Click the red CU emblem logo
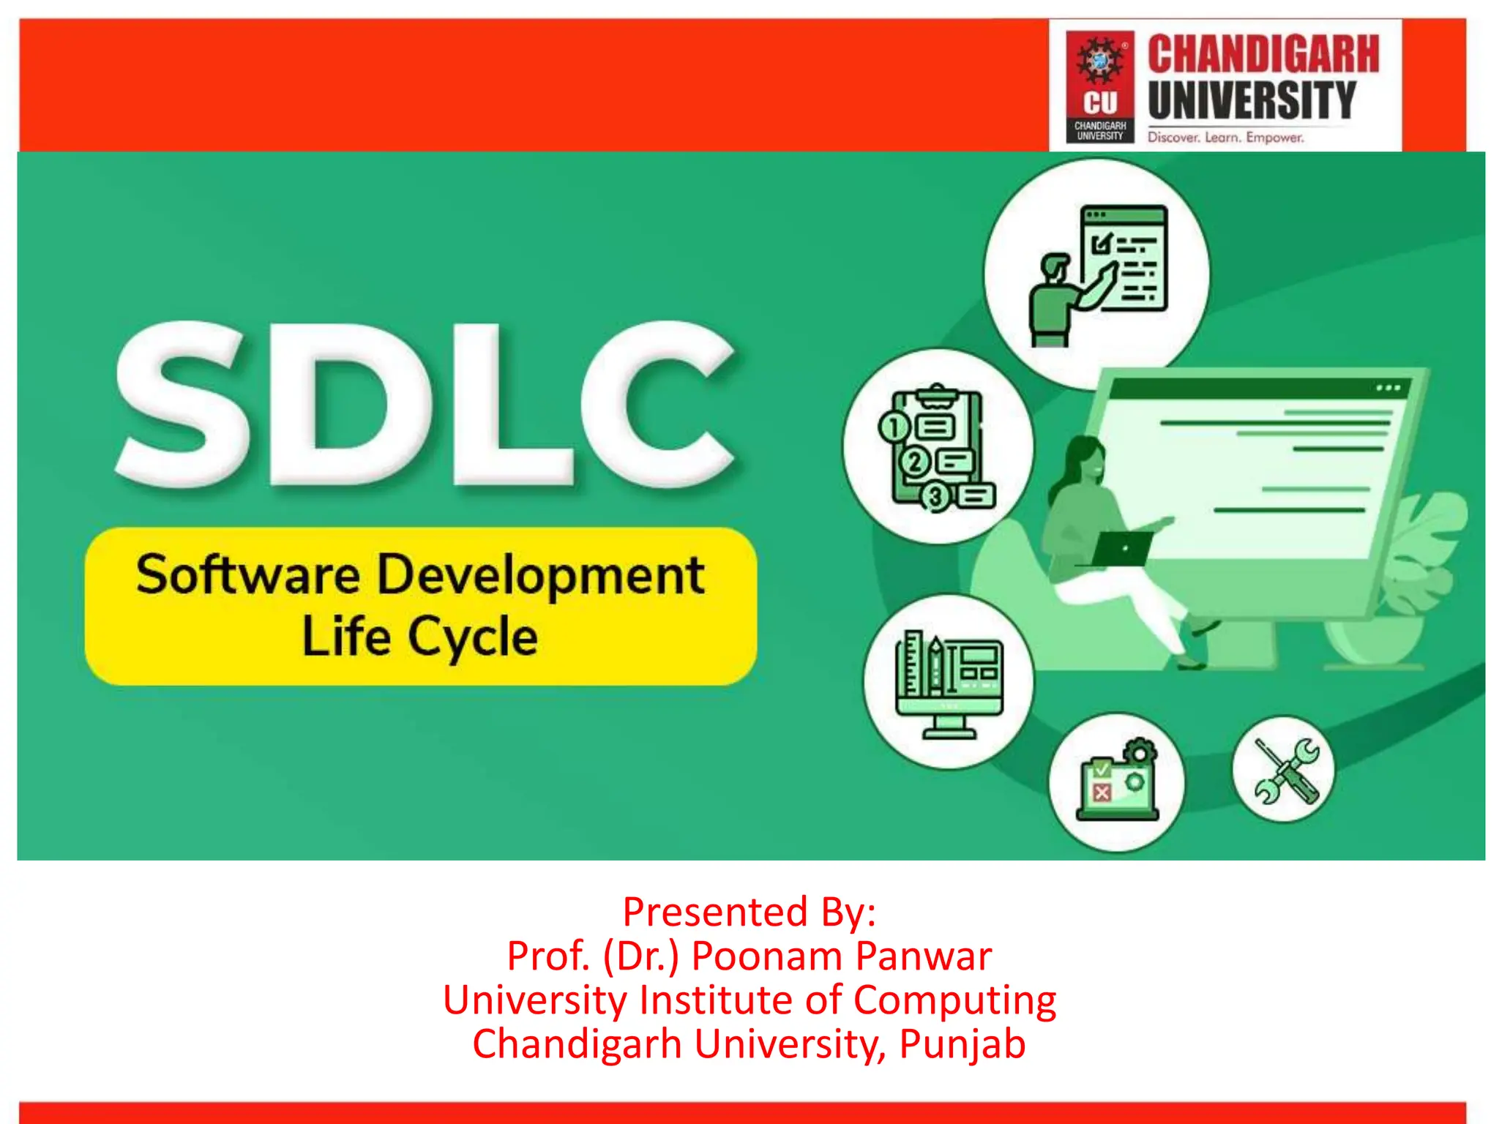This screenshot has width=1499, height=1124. (1099, 86)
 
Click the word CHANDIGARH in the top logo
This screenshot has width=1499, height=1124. (1263, 54)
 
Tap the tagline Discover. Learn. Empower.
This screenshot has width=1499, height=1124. (1225, 138)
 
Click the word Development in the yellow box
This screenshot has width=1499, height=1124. (541, 576)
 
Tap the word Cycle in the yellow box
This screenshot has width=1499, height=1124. (472, 637)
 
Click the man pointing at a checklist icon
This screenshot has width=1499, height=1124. (1097, 274)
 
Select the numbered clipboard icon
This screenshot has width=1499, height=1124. (938, 447)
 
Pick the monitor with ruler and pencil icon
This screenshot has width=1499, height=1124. (949, 682)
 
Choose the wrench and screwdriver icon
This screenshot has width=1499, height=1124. (1285, 770)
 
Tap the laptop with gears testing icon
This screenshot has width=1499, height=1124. (1116, 782)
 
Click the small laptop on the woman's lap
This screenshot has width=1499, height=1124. (1121, 548)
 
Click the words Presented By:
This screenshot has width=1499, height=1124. (749, 912)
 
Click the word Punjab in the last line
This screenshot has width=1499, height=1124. (962, 1044)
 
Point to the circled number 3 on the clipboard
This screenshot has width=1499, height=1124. (935, 497)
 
